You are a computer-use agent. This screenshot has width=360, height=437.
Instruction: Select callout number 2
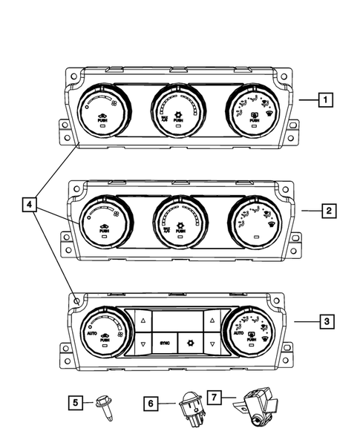(328, 211)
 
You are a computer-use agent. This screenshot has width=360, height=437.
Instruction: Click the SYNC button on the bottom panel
(166, 344)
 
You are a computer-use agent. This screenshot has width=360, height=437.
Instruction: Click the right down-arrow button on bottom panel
(212, 345)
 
